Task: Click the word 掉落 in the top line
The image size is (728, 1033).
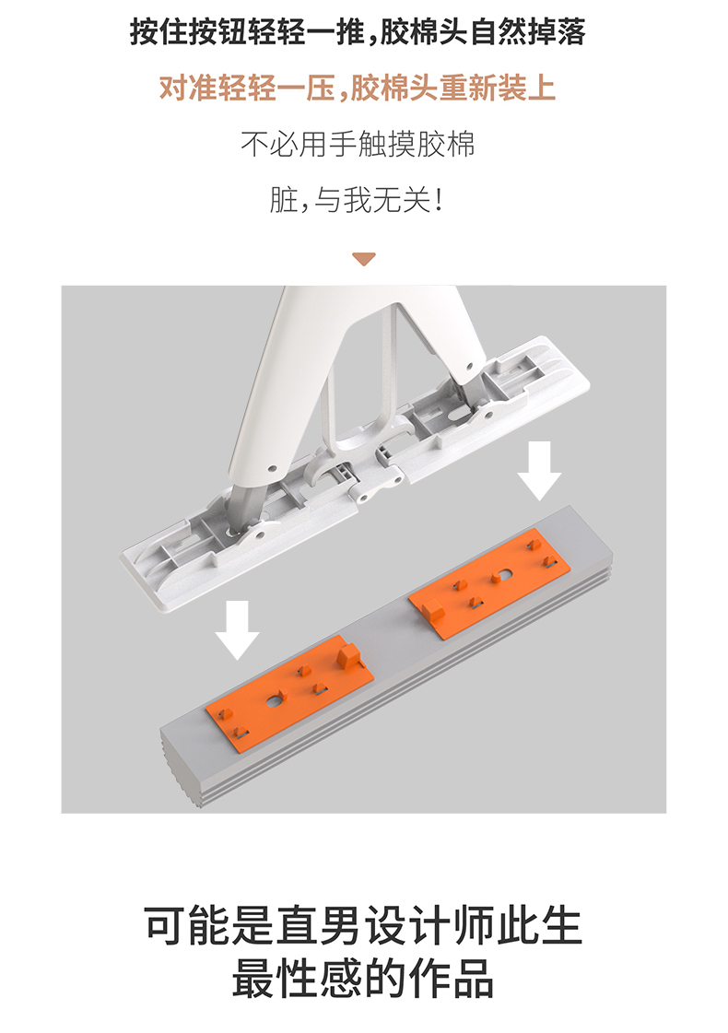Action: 561,34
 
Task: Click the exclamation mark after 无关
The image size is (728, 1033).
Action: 440,200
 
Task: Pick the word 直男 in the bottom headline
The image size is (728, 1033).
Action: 319,924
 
